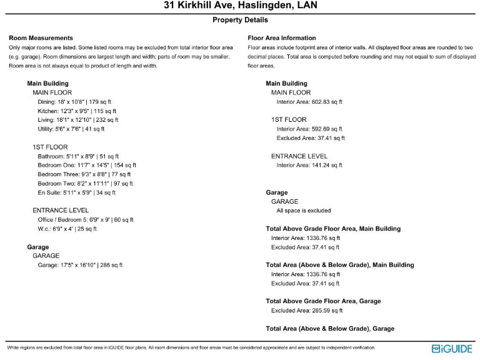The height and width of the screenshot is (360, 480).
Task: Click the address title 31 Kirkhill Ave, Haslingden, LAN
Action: tap(240, 6)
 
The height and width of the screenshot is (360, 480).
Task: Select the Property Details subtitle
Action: tap(240, 20)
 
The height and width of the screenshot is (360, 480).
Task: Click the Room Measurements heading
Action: tap(41, 38)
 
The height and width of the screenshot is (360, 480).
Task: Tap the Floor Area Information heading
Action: tap(282, 38)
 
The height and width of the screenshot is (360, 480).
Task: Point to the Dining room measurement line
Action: tap(74, 102)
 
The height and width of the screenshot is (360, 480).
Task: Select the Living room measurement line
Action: tap(78, 120)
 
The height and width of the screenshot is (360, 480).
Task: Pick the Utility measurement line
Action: tap(71, 129)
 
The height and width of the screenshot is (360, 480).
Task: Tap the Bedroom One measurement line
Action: tap(87, 166)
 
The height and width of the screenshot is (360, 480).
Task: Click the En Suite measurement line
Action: tap(77, 192)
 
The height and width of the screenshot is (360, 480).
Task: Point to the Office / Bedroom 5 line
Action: tap(86, 220)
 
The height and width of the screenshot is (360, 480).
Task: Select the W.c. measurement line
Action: tap(67, 229)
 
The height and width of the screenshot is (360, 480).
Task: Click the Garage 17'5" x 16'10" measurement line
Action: tap(80, 265)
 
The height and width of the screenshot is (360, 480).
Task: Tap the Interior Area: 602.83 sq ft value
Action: tap(309, 102)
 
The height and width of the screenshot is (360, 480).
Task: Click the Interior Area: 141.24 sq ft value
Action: tap(309, 166)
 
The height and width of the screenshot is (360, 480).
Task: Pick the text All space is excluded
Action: tap(304, 211)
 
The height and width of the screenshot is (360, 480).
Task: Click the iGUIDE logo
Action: tap(452, 348)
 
